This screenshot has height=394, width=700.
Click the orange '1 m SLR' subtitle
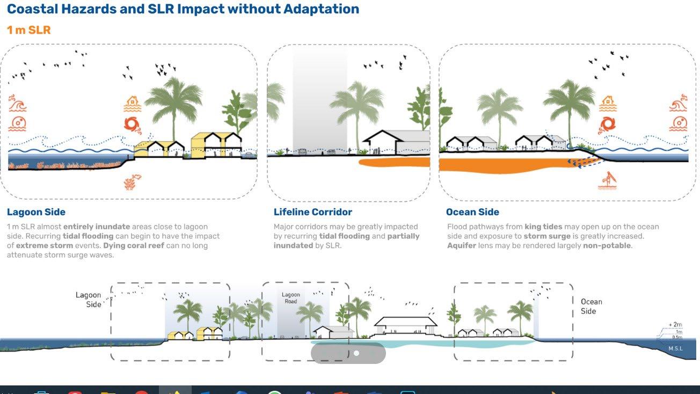point(28,30)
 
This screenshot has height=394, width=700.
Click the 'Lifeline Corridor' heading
point(313,212)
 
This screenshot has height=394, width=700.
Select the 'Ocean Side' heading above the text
point(472,212)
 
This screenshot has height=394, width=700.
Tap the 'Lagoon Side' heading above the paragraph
point(36,212)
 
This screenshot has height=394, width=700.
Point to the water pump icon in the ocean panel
point(607,180)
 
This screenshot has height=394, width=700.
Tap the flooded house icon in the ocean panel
point(607,103)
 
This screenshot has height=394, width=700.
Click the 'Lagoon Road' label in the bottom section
point(291,298)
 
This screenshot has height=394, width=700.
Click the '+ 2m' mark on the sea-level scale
point(675,325)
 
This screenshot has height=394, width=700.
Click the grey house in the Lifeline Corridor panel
point(397,142)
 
